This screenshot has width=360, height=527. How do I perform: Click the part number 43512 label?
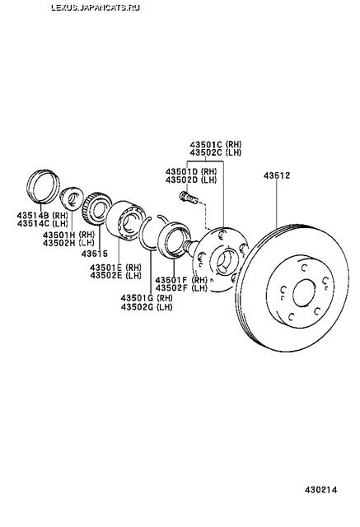point(276,175)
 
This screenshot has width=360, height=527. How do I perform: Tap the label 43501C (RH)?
point(216,144)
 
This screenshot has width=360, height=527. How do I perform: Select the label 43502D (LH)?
point(191,180)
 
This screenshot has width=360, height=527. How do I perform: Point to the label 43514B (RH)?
point(42,215)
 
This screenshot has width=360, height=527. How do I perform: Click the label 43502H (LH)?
point(68,242)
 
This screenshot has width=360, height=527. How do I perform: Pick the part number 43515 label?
point(95,254)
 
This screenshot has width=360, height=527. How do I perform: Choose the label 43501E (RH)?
point(115,268)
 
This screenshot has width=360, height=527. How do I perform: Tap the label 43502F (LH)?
point(181,288)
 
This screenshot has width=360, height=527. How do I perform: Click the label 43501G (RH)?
point(147,298)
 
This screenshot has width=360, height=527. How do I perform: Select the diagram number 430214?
point(320,490)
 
